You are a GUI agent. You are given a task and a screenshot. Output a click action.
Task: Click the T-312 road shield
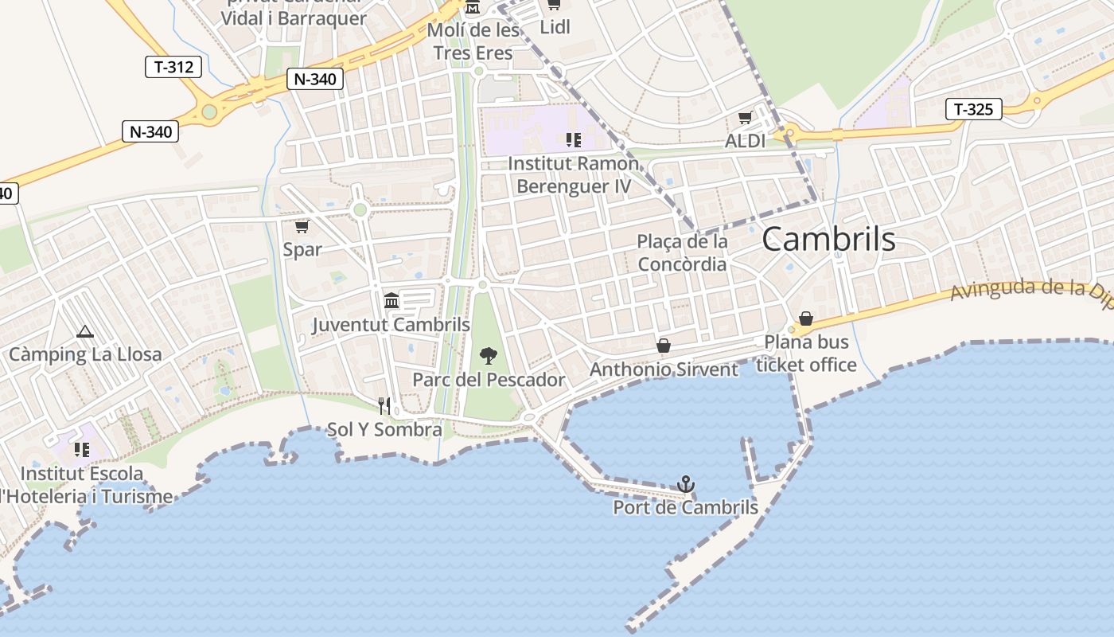(x=173, y=67)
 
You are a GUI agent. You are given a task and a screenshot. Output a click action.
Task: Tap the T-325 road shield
(x=973, y=109)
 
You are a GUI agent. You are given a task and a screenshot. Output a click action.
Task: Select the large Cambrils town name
(x=828, y=239)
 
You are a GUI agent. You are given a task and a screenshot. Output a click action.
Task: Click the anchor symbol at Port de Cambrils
(x=685, y=483)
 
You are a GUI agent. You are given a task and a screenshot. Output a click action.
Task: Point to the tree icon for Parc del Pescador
(x=489, y=356)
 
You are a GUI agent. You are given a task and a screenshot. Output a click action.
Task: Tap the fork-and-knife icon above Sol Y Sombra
(x=384, y=406)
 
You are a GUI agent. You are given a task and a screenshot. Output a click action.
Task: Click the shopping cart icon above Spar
(x=302, y=226)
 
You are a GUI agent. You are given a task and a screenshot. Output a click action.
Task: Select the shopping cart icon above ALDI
(x=745, y=118)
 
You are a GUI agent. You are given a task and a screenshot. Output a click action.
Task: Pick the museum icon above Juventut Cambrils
(x=391, y=300)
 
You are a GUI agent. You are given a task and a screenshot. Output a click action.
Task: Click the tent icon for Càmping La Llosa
(x=85, y=331)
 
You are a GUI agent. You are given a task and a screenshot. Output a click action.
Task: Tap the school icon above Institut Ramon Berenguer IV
(x=573, y=140)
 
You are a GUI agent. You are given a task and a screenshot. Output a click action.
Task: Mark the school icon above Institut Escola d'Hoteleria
(x=82, y=450)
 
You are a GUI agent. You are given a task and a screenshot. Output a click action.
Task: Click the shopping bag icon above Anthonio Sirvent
(x=663, y=346)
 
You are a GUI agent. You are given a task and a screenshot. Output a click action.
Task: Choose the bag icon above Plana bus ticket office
(x=806, y=318)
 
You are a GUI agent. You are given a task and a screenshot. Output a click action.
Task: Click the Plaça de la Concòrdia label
(x=682, y=252)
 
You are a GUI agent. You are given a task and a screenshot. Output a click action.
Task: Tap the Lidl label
(x=555, y=27)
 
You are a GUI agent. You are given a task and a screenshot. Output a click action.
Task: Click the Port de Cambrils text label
(x=685, y=507)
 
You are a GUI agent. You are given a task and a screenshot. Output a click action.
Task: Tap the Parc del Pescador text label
(x=489, y=380)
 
